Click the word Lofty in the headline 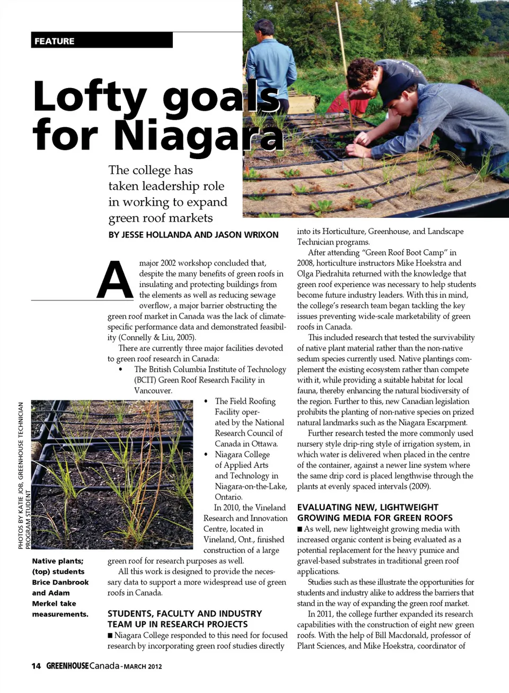click(x=89, y=97)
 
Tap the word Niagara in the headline click(x=198, y=135)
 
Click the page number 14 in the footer click(x=36, y=666)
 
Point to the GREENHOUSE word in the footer click(x=67, y=666)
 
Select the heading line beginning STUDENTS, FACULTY click(x=185, y=613)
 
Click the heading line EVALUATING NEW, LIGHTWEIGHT click(x=367, y=507)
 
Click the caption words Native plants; click(x=57, y=561)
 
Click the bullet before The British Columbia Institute click(x=121, y=370)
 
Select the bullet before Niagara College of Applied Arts click(x=206, y=454)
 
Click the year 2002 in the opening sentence click(x=168, y=263)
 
